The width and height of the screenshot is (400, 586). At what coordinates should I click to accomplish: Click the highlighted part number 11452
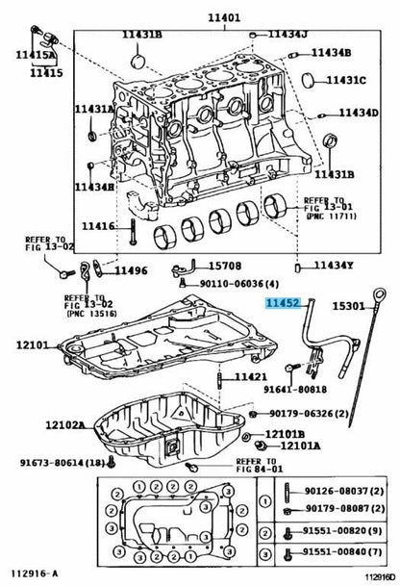(x=283, y=303)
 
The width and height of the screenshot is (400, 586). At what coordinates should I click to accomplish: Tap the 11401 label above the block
(x=224, y=17)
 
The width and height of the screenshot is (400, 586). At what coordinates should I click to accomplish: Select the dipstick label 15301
(x=348, y=306)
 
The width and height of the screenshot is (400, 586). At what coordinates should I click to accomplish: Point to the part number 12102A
(x=65, y=425)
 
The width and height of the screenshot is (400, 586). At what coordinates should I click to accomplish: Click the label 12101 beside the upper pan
(x=33, y=344)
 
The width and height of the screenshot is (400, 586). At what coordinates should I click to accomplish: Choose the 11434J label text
(x=287, y=35)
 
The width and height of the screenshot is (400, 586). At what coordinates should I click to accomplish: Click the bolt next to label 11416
(x=133, y=232)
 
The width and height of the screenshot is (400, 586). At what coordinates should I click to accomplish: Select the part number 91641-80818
(x=295, y=390)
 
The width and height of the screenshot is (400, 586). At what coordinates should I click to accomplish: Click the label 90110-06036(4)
(x=239, y=284)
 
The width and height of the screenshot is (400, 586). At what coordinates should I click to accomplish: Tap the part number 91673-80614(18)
(x=62, y=463)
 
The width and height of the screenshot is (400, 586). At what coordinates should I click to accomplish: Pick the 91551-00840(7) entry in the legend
(x=342, y=551)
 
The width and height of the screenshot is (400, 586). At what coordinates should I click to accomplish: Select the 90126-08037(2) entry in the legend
(x=344, y=491)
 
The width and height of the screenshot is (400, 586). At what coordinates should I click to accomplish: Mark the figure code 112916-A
(x=35, y=573)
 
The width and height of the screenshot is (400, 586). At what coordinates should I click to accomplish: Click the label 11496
(x=131, y=270)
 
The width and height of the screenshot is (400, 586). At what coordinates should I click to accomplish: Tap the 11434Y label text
(x=334, y=266)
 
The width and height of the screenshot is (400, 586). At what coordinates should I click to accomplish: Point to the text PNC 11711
(x=332, y=216)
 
